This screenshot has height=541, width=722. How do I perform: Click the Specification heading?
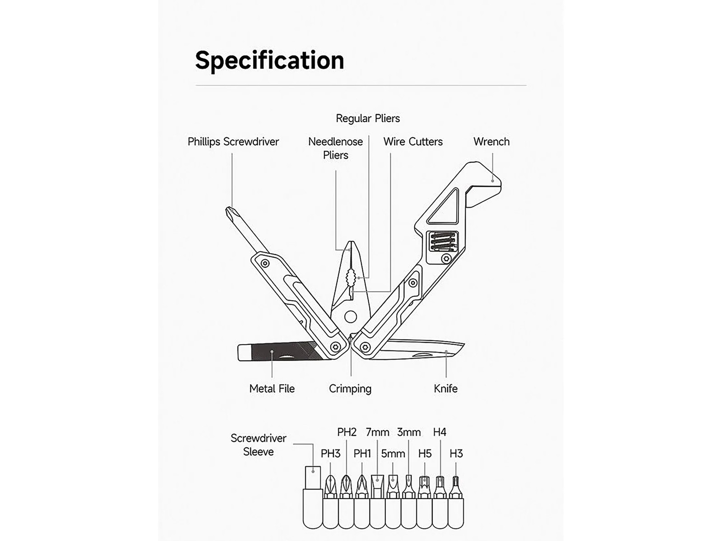coord(269,61)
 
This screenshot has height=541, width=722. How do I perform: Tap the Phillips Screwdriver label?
coord(233,142)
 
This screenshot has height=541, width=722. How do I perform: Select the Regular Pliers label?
coord(368,118)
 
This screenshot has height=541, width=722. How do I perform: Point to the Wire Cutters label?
coord(413,142)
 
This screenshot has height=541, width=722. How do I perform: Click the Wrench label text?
coord(491,142)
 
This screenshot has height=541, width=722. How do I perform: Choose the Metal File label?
coord(272,389)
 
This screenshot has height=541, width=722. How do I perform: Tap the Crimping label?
coord(350,389)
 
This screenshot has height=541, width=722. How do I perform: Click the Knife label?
coord(445,389)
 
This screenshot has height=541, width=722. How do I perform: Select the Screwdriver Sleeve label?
coord(258,445)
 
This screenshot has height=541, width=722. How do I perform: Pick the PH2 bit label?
coord(347,432)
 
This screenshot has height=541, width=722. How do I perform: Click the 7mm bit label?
coord(377,432)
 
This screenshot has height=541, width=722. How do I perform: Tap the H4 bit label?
coord(440,432)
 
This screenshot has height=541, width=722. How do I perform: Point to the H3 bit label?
coord(456,454)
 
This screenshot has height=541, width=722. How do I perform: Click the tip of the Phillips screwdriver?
coord(227,209)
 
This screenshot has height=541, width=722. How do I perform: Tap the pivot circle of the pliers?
coord(351,317)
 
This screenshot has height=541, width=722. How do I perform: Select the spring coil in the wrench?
coord(443,242)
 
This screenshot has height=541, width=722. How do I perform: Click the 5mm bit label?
coord(393,454)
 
